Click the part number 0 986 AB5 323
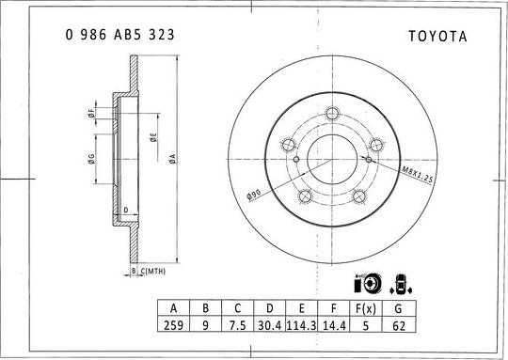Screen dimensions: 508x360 (119, 35)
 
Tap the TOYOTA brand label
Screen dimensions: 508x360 (437, 37)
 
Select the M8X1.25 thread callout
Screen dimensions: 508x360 (418, 175)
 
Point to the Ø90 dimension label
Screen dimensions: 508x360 (254, 195)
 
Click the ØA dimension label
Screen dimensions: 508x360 (173, 158)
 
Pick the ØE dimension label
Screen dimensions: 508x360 (153, 137)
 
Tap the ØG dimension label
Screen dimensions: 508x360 (91, 159)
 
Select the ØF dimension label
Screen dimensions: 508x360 (91, 114)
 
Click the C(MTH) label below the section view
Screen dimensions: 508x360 (153, 272)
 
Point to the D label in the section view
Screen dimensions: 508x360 (126, 211)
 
